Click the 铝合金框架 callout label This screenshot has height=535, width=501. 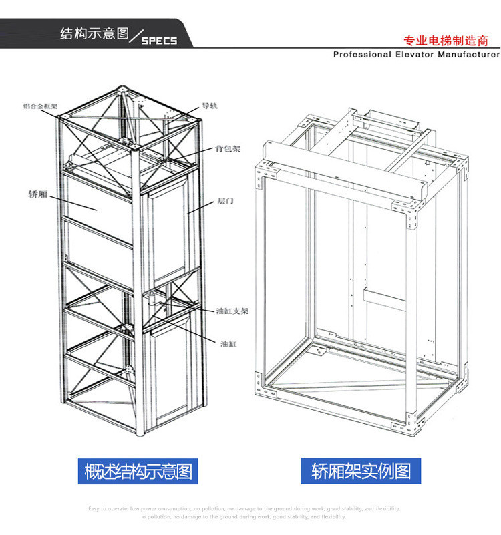tap(41, 106)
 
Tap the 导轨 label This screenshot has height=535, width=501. tap(210, 106)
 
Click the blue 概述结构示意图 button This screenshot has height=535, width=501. tap(139, 471)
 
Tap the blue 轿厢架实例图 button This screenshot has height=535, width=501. tap(361, 471)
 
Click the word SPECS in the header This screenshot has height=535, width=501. tap(160, 41)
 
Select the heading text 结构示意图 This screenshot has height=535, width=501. tap(94, 34)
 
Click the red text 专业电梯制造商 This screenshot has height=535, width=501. tap(447, 40)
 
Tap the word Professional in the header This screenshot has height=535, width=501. tap(361, 55)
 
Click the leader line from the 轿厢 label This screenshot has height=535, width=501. tap(73, 202)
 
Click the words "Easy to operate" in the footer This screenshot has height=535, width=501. tap(107, 509)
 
